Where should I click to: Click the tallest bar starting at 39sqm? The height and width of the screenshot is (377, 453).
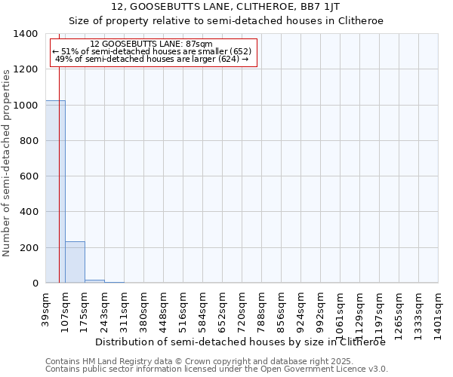[55, 192]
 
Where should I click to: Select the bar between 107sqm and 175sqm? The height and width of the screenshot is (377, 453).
[75, 262]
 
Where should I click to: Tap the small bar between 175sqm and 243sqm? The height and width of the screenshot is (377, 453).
[94, 281]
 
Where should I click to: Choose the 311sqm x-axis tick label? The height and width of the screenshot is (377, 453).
[125, 308]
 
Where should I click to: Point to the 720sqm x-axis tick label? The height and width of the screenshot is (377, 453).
[242, 308]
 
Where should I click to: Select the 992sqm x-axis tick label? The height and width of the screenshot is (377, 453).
[321, 308]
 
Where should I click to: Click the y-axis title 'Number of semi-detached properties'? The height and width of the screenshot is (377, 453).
[7, 163]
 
